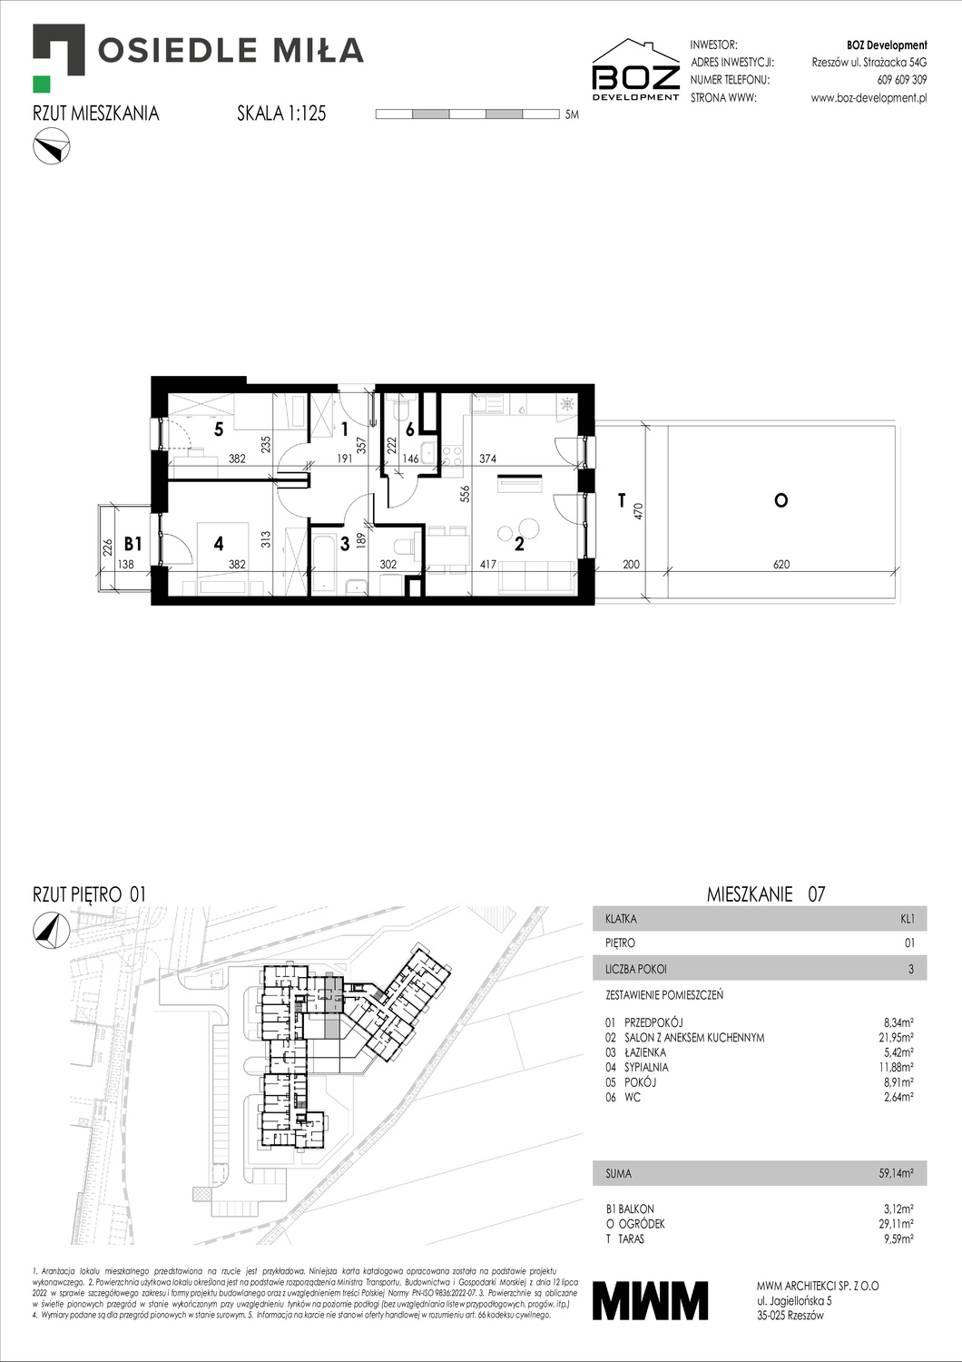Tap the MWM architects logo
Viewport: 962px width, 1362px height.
tap(650, 1300)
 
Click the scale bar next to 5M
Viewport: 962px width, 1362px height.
tap(467, 114)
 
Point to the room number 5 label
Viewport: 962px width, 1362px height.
tap(219, 429)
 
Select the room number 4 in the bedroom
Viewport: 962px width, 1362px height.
tap(219, 544)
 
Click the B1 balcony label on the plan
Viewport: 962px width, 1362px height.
tap(133, 544)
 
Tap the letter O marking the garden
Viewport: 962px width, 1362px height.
tap(780, 500)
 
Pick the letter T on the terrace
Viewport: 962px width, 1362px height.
tap(623, 500)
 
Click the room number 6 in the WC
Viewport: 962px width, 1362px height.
tap(410, 429)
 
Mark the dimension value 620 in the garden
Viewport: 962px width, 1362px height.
tap(780, 564)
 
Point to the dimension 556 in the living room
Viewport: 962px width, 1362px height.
tap(466, 493)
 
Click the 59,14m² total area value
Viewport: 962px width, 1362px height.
tap(896, 1173)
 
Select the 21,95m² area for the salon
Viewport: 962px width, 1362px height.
tap(895, 1037)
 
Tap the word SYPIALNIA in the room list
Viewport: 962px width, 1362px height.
tap(646, 1067)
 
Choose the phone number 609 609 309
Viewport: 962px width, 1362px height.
tap(902, 80)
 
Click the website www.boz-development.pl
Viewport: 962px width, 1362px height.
tap(869, 98)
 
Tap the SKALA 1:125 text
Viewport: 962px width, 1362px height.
tap(281, 113)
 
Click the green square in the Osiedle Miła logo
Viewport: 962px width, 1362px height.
tap(42, 84)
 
